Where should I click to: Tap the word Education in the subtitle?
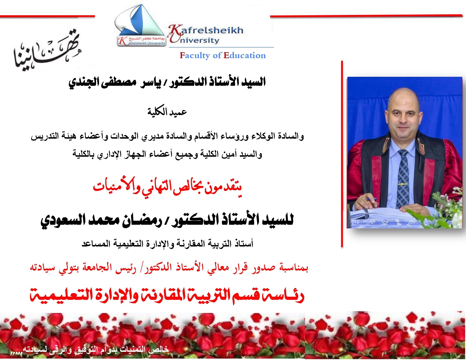point(245,55)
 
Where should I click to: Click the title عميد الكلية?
point(167,112)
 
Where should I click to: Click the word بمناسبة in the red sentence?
point(293,267)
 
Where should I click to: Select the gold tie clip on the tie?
point(403,184)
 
